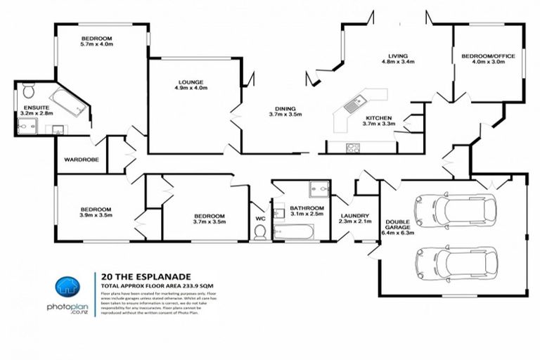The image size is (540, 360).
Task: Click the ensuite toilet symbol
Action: (x=29, y=91)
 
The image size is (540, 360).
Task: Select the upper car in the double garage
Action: (x=456, y=209)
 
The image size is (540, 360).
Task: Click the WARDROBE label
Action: (x=82, y=160)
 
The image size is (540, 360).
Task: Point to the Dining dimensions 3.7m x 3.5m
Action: (x=285, y=114)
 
